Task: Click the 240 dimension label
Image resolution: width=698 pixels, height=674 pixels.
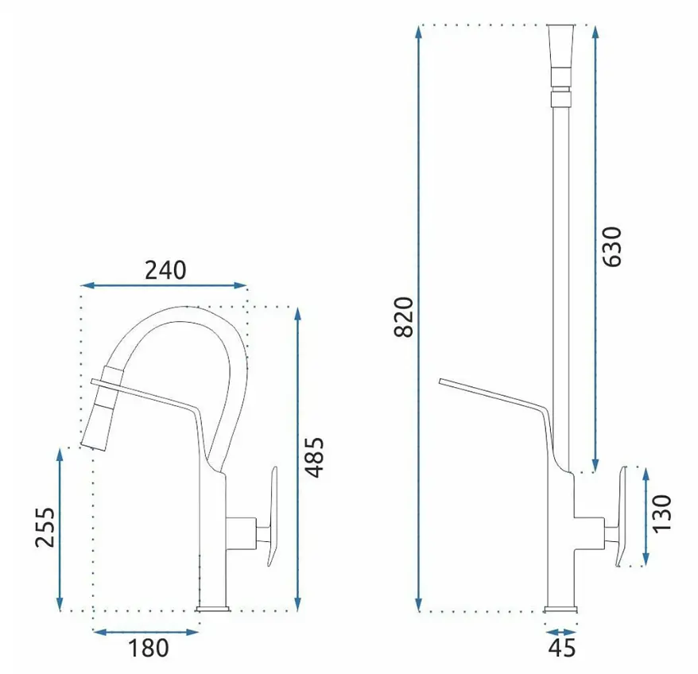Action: pos(165,270)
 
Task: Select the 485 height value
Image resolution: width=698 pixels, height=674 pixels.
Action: pos(316,458)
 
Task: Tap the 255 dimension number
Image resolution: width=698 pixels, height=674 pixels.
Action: pos(45,527)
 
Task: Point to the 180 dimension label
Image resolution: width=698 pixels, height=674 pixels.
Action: pos(149,649)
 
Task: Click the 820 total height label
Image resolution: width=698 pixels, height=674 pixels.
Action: pos(404,316)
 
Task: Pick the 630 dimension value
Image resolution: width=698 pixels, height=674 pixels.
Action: pos(611,246)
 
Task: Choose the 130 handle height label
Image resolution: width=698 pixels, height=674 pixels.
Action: pos(661,513)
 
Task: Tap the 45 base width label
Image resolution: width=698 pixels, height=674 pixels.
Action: pos(562,649)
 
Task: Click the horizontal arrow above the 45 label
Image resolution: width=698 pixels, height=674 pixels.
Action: pos(561,632)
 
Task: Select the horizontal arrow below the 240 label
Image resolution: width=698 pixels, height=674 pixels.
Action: pos(164,285)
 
